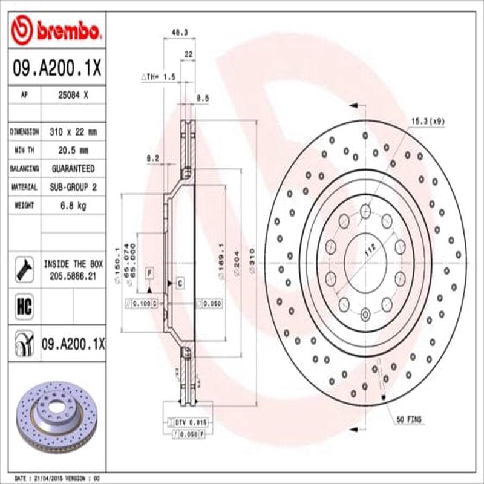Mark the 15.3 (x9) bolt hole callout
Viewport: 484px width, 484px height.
click(428, 121)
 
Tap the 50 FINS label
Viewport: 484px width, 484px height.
click(409, 419)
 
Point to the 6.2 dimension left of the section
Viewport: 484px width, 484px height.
click(152, 159)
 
